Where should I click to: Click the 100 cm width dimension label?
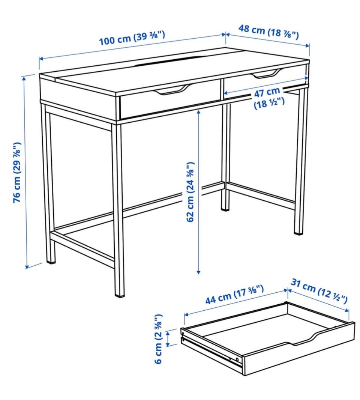click(132, 38)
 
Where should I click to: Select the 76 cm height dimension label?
click(17, 173)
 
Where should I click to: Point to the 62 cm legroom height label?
click(190, 192)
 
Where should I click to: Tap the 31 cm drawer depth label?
click(319, 291)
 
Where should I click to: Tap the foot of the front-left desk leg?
click(119, 294)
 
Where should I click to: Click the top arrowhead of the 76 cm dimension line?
click(24, 78)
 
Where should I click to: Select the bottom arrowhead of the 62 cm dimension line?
click(199, 272)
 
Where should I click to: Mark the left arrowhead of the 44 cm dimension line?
click(186, 314)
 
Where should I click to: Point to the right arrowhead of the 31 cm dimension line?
click(347, 310)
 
